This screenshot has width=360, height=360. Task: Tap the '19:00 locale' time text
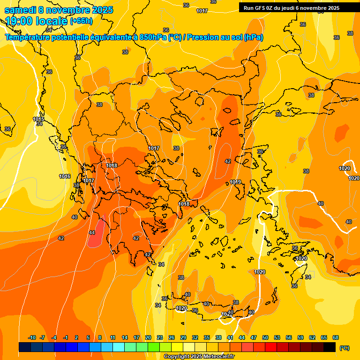pos(36,21)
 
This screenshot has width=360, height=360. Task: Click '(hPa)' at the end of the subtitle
pos(253,37)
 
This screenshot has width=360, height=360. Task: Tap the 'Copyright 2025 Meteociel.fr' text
pos(199,357)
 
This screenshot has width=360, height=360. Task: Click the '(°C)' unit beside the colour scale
pos(345,348)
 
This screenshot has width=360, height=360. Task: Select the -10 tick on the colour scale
pos(32,337)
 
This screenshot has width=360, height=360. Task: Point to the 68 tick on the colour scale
pos(336,337)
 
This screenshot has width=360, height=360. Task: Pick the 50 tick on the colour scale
pos(265,337)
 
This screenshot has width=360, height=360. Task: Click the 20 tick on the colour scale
pos(148,337)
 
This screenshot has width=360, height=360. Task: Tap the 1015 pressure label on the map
pos(38,120)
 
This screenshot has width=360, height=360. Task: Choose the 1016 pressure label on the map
pos(65,176)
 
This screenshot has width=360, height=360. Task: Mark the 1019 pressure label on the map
pos(235,182)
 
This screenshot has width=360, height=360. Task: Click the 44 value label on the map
pos(92,232)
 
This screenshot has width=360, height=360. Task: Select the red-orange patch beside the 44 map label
pos(95,239)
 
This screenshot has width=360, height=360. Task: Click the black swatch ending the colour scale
pos(330,347)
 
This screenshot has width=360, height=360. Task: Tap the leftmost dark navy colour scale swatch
pos(25,347)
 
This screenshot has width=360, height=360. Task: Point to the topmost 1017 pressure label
pos(202,11)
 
